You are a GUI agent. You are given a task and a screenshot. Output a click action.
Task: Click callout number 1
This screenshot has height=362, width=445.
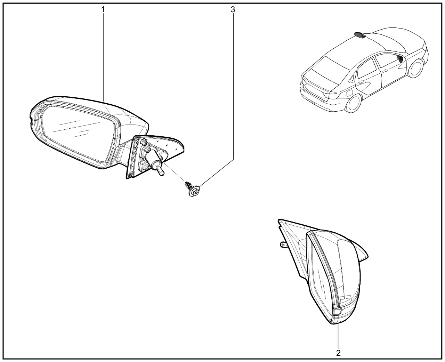tap(103, 9)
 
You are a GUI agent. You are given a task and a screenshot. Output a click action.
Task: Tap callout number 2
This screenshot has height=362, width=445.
tap(338, 353)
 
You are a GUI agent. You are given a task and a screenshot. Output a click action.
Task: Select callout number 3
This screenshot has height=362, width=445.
tap(233, 9)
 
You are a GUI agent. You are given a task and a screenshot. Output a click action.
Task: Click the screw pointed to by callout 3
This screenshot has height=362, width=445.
tap(192, 189)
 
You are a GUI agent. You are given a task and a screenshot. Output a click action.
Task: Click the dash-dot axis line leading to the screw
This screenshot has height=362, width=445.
tap(173, 171)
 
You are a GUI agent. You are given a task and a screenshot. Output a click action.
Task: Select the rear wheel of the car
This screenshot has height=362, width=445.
tap(354, 103)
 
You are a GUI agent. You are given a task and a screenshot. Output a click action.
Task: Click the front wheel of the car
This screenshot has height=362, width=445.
tap(416, 68)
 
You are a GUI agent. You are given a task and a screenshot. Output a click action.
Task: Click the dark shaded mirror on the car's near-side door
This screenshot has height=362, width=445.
tap(400, 59)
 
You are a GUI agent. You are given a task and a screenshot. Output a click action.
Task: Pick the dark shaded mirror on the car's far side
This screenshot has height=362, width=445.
tap(360, 35)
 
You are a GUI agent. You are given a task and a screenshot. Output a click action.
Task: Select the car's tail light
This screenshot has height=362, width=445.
tap(332, 95)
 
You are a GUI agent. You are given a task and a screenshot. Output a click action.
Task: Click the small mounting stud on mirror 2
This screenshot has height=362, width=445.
tap(284, 245)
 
